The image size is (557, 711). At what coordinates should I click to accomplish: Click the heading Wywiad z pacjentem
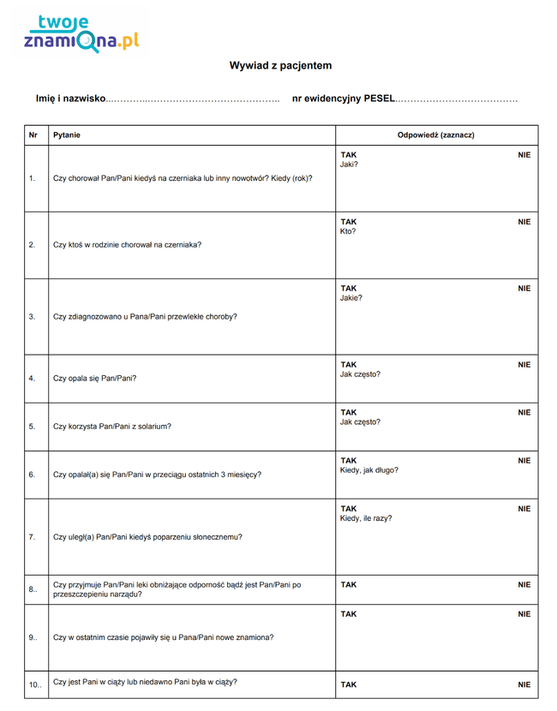coord(280,66)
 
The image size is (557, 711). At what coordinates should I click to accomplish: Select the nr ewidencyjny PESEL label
coord(344,99)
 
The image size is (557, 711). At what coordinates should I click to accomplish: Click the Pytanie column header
coord(67,135)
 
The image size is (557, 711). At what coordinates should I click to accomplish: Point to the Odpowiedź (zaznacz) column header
coord(436,135)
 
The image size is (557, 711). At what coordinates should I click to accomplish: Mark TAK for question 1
coord(349,155)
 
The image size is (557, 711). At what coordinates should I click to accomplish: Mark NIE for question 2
coord(524,222)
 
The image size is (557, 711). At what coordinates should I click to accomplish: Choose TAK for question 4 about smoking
coord(349,364)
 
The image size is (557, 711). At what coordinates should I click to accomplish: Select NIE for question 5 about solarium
coord(524,412)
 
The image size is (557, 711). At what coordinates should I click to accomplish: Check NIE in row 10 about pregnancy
coord(524,684)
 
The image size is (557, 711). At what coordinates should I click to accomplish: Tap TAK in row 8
coord(349,585)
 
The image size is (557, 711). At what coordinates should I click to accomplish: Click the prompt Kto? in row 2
coord(348,231)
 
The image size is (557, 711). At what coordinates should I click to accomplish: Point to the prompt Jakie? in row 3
coord(351,298)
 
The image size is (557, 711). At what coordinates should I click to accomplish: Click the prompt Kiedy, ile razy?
coord(366,518)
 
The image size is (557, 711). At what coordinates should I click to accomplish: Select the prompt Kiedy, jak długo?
coord(369,470)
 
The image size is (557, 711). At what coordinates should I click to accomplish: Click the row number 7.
coord(32,537)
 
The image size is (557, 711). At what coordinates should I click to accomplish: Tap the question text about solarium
coord(112,426)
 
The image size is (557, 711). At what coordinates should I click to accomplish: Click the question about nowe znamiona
coord(164,637)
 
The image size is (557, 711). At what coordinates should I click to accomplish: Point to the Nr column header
coord(33,135)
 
